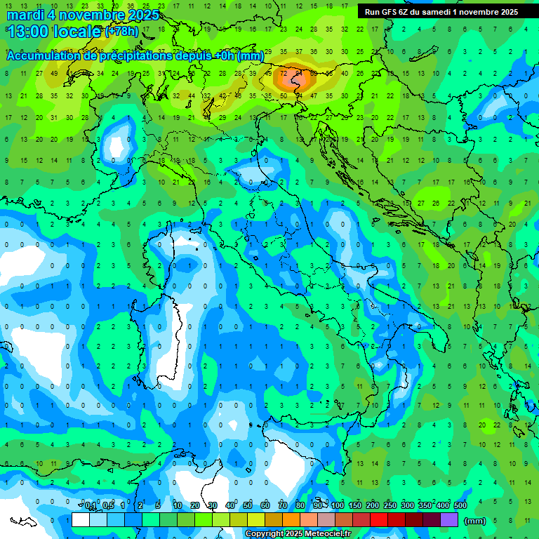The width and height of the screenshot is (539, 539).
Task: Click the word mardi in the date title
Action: coord(25,15)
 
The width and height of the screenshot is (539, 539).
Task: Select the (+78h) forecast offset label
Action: coord(121,32)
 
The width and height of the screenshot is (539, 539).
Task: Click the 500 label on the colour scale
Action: coord(460,506)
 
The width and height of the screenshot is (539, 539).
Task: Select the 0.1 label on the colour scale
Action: coord(91,506)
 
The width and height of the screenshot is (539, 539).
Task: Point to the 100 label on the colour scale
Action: coord(338,506)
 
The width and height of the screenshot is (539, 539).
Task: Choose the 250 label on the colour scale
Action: coord(390,506)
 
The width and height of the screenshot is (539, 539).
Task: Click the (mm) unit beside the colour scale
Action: coord(475,521)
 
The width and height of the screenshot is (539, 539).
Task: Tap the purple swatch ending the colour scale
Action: coord(449,520)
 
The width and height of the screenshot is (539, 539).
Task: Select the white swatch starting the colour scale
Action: coord(81,520)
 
